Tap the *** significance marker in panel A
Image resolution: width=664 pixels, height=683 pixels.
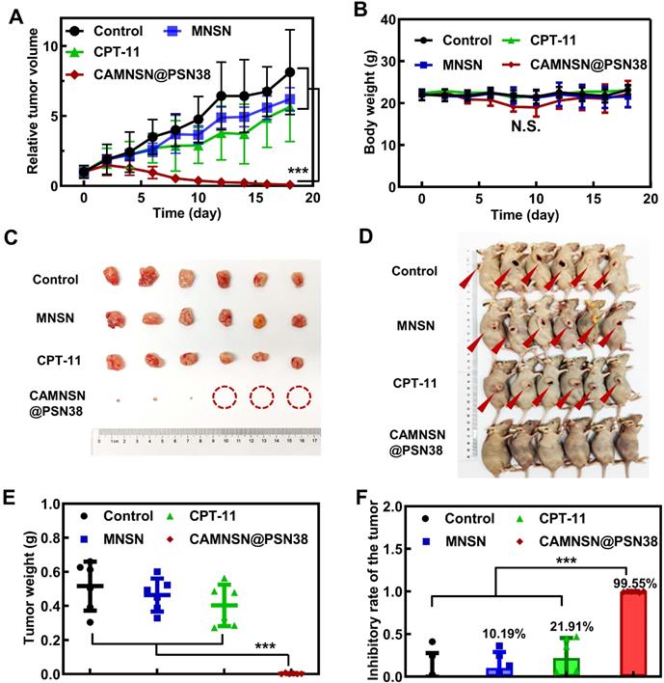point(297,172)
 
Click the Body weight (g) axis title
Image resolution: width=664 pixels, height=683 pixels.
point(370,104)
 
